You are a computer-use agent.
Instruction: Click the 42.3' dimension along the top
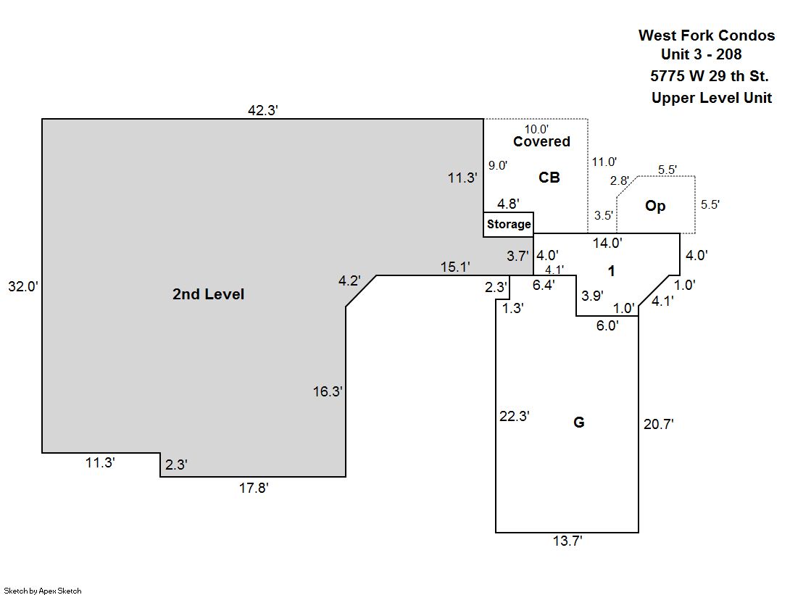click(263, 111)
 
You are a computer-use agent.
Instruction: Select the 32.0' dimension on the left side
click(22, 286)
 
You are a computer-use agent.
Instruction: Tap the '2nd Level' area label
click(208, 294)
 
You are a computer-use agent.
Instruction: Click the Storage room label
click(509, 225)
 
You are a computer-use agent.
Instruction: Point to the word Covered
click(541, 142)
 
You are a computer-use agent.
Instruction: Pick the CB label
click(549, 177)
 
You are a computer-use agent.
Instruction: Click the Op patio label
click(655, 206)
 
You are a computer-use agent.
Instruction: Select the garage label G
click(578, 423)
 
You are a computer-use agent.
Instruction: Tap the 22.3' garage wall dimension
click(515, 416)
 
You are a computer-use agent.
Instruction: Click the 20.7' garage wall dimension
click(659, 425)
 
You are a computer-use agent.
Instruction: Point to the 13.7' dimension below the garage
click(567, 541)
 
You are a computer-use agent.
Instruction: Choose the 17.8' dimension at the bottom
click(254, 488)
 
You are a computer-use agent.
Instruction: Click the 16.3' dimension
click(328, 392)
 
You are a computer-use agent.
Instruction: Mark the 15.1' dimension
click(456, 267)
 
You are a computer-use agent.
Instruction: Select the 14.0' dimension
click(607, 244)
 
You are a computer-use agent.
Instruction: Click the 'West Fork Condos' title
click(706, 36)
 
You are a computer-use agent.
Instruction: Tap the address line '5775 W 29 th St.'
click(710, 76)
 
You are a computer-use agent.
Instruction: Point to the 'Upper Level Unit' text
click(711, 99)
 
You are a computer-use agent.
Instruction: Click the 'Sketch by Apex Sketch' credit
click(43, 591)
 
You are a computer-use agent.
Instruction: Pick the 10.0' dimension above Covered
click(536, 129)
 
